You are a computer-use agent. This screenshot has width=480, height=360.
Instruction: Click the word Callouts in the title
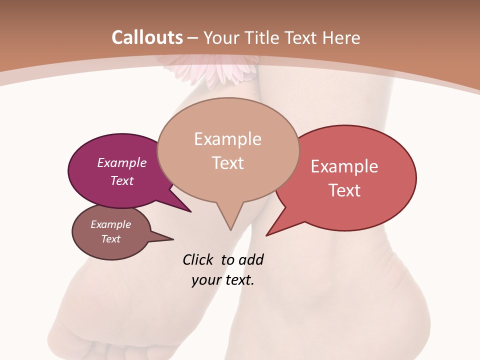click(147, 37)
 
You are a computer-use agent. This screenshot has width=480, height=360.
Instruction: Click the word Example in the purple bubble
click(122, 162)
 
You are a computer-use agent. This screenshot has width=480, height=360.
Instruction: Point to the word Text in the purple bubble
click(122, 180)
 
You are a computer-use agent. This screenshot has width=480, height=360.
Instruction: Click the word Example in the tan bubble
click(227, 139)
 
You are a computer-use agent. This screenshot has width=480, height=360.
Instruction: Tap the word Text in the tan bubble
click(228, 163)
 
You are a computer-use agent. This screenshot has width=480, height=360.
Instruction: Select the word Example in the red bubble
click(344, 166)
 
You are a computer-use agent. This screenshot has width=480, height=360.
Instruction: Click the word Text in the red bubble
click(345, 190)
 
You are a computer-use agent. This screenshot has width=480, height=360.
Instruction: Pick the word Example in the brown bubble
click(111, 224)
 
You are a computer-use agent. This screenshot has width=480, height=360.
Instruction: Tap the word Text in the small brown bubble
click(111, 239)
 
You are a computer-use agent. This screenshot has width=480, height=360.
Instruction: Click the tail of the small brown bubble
click(167, 239)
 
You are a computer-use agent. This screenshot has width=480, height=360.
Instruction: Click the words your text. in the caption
click(223, 280)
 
